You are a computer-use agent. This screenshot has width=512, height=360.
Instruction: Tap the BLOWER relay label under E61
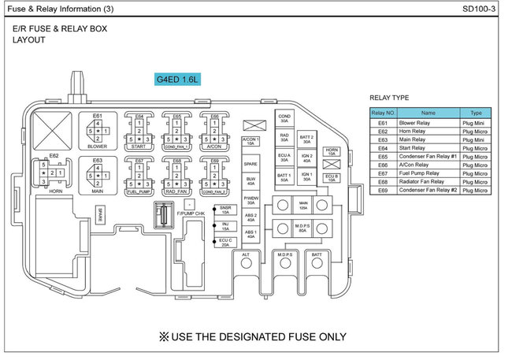click(x=98, y=146)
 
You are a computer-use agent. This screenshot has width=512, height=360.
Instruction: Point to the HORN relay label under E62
click(x=54, y=190)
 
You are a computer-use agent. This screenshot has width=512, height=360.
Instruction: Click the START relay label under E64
click(x=139, y=146)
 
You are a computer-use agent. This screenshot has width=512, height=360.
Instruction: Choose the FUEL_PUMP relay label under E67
click(x=139, y=191)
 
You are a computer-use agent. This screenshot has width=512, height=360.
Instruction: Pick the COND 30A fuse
click(x=284, y=118)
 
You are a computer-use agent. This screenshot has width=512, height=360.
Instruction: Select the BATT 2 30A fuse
click(x=307, y=140)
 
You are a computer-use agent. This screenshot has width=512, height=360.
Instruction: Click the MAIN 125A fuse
click(x=302, y=205)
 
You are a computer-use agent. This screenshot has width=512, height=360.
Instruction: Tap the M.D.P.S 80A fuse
click(x=302, y=229)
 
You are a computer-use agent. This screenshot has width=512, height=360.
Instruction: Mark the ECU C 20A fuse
click(x=225, y=242)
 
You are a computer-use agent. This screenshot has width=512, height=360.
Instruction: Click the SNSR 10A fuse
click(x=225, y=210)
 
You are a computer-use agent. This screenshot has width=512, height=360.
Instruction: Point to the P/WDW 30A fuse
click(x=250, y=201)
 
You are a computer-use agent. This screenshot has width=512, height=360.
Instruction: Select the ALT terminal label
click(x=246, y=255)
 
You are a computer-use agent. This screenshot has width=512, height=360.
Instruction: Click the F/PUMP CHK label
click(x=191, y=213)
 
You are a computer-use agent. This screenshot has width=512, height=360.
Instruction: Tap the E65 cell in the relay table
click(x=383, y=157)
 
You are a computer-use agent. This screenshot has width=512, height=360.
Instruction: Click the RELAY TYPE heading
click(x=389, y=98)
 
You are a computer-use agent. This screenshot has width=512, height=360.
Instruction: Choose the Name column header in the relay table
click(x=428, y=113)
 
